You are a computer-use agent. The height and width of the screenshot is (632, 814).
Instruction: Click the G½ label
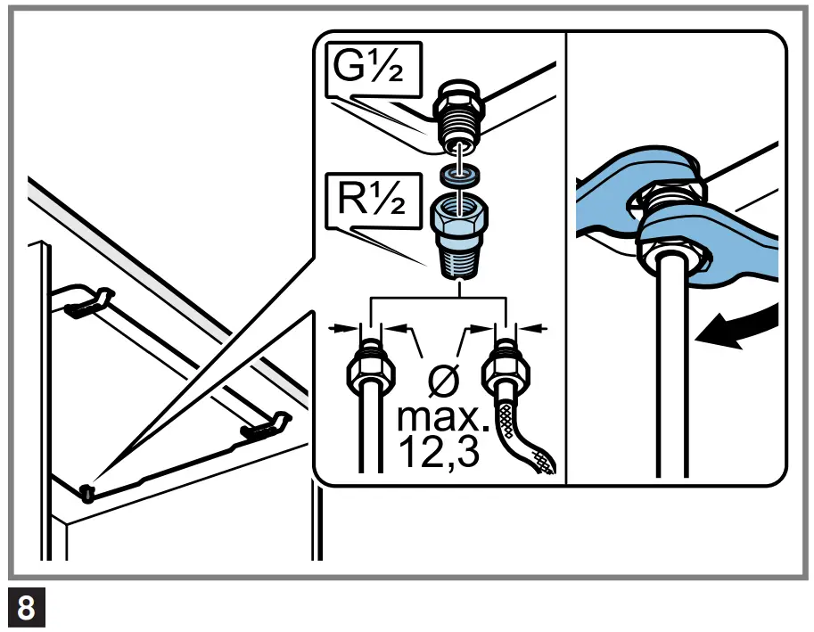(372, 72)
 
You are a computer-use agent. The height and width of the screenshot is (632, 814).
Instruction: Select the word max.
(438, 416)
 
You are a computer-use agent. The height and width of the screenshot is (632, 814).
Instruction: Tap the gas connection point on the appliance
(86, 492)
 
